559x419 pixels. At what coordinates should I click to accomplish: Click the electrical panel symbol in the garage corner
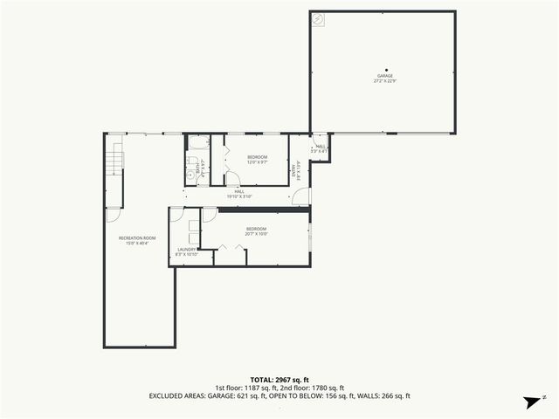[x=319, y=18]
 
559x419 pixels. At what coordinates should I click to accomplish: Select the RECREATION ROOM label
[x=137, y=237]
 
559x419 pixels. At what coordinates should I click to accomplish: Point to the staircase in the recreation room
[x=112, y=161]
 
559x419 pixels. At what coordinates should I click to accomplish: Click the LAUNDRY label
[x=187, y=249]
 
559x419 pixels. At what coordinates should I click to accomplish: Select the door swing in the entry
[x=300, y=198]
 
